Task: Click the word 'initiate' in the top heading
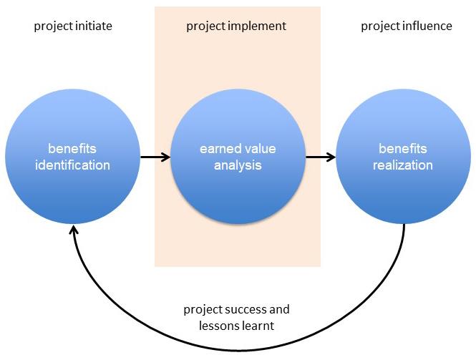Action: point(94,26)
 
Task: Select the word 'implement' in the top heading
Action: point(257,26)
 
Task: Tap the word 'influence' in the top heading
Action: point(427,26)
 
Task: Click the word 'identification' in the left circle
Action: point(72,165)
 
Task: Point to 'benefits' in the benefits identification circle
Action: point(72,149)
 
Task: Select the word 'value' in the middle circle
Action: point(260,149)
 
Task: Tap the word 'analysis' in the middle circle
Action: point(238,166)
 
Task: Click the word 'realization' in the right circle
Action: point(403,165)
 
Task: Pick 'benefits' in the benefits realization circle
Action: point(403,149)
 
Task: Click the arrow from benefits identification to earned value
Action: point(155,157)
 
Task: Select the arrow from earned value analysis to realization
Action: point(321,157)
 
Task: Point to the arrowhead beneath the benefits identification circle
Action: point(73,229)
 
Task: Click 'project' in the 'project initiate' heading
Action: point(54,26)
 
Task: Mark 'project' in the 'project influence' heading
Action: point(381,26)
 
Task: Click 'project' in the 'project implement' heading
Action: point(206,26)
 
